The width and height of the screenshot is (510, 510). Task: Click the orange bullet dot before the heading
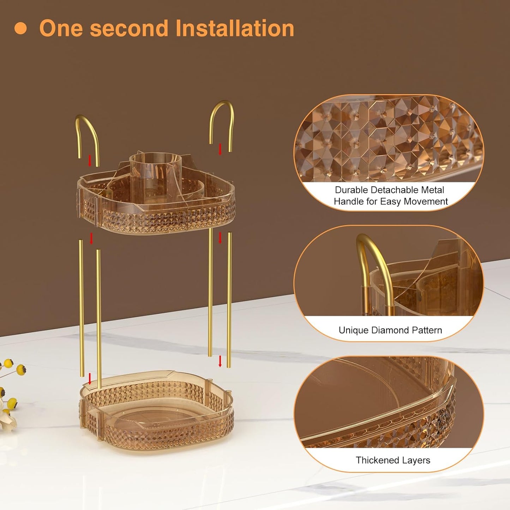[x=20, y=28]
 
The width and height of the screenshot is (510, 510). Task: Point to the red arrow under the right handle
[x=220, y=149]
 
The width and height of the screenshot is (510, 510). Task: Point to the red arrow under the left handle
[x=90, y=161]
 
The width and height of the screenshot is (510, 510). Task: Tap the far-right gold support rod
[x=229, y=300]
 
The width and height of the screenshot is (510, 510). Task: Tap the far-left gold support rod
[x=82, y=308]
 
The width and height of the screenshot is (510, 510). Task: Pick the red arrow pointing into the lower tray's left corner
[x=90, y=378]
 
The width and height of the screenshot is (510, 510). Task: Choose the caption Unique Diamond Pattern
[x=390, y=330]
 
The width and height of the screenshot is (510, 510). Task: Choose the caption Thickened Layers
[x=393, y=460]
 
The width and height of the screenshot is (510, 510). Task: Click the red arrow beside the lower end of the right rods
[x=220, y=361]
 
